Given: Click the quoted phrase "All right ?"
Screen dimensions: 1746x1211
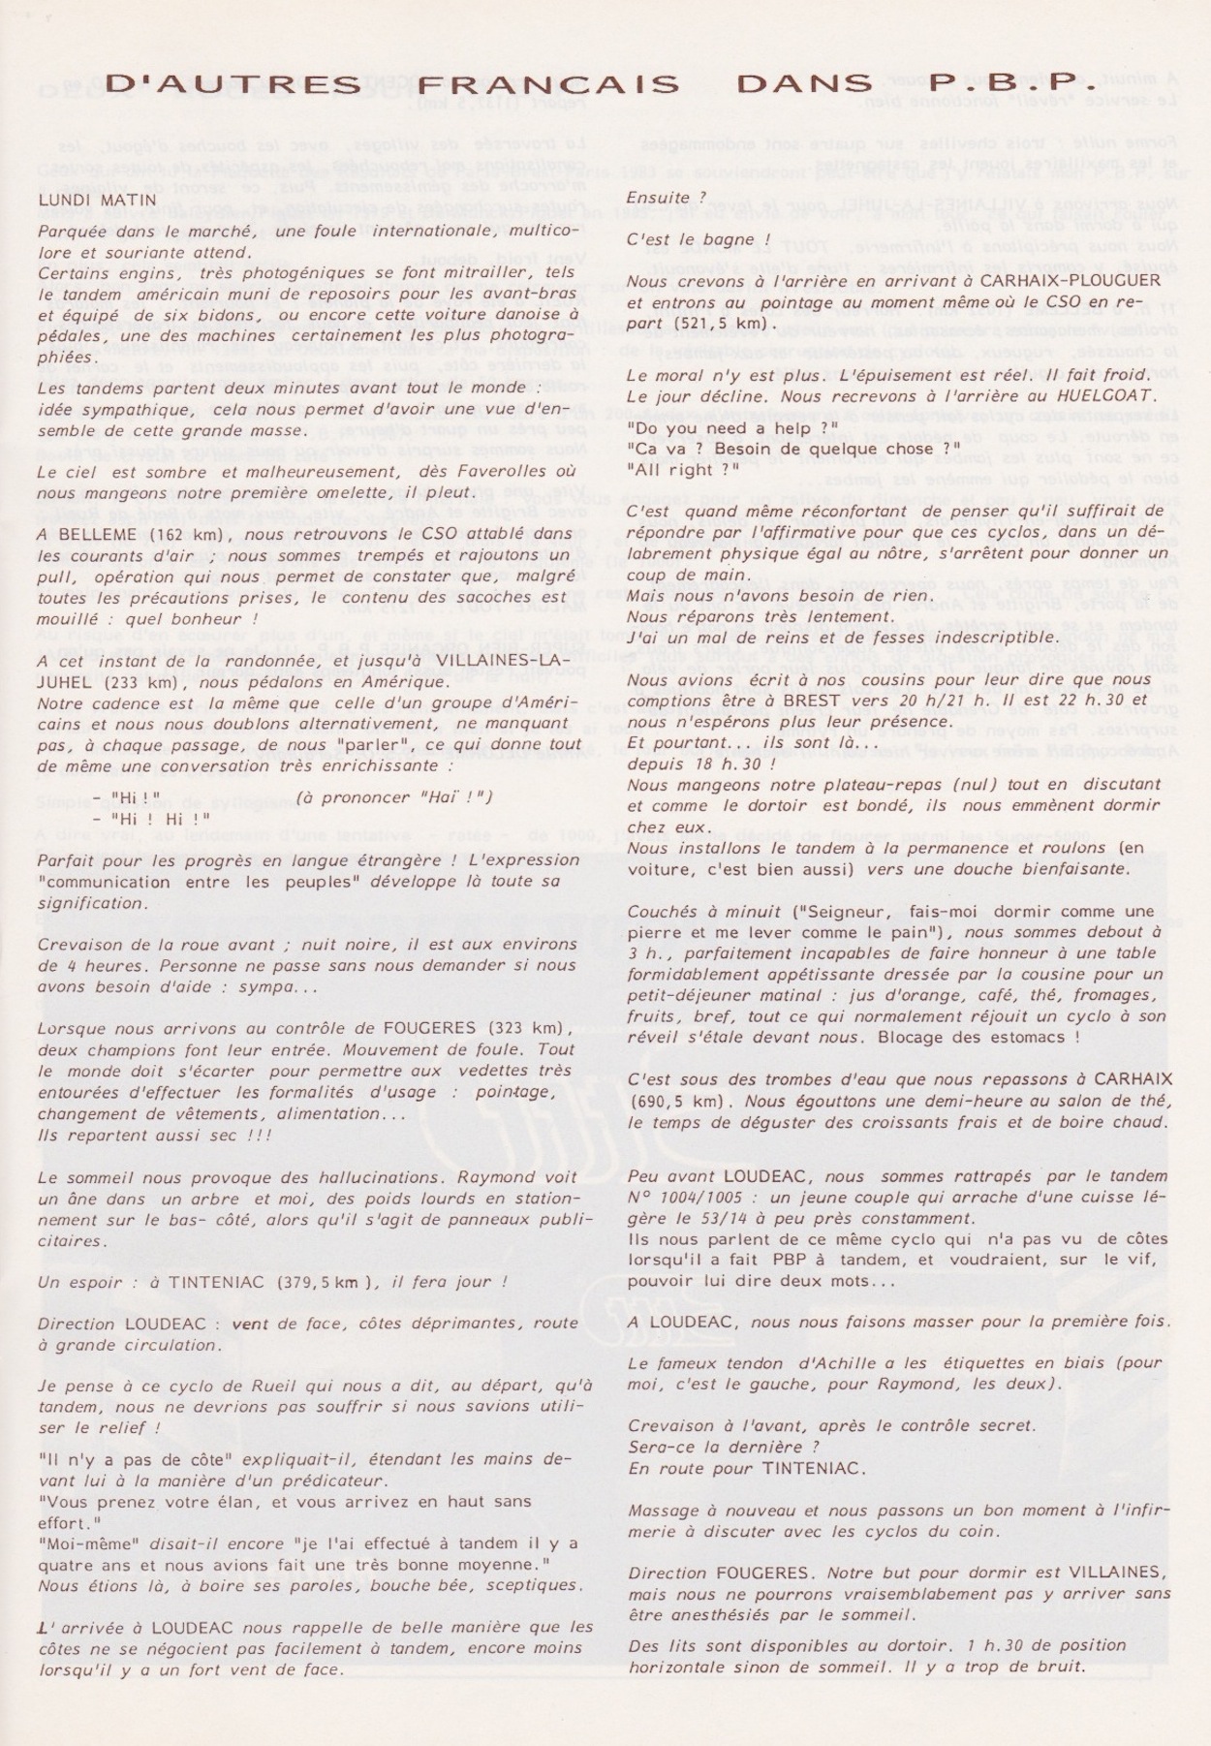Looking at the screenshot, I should [x=682, y=469].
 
